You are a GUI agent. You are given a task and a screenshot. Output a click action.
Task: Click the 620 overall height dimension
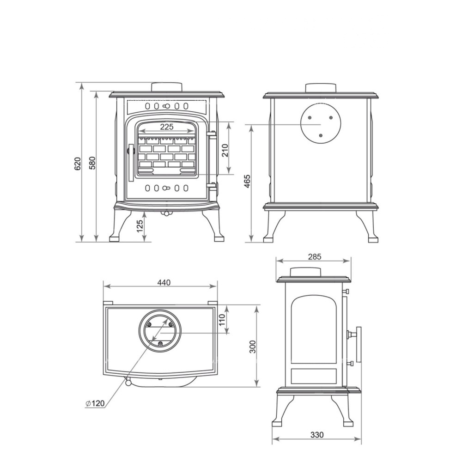pos(78,164)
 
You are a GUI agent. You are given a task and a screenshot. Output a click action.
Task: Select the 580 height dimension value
pos(92,163)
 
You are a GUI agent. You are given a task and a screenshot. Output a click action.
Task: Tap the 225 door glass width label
pos(167,127)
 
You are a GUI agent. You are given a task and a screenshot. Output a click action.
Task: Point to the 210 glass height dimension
pos(225,150)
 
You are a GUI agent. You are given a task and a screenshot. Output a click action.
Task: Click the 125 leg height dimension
pos(140,226)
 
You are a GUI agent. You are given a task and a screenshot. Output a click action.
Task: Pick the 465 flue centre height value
pos(247,181)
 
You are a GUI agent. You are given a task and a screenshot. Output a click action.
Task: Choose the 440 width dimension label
pos(164,283)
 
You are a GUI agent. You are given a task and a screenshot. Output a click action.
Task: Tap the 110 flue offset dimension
pos(222,320)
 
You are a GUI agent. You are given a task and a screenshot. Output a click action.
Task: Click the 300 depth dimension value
pos(253,347)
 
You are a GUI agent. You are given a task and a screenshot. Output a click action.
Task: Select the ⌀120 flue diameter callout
pos(95,403)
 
